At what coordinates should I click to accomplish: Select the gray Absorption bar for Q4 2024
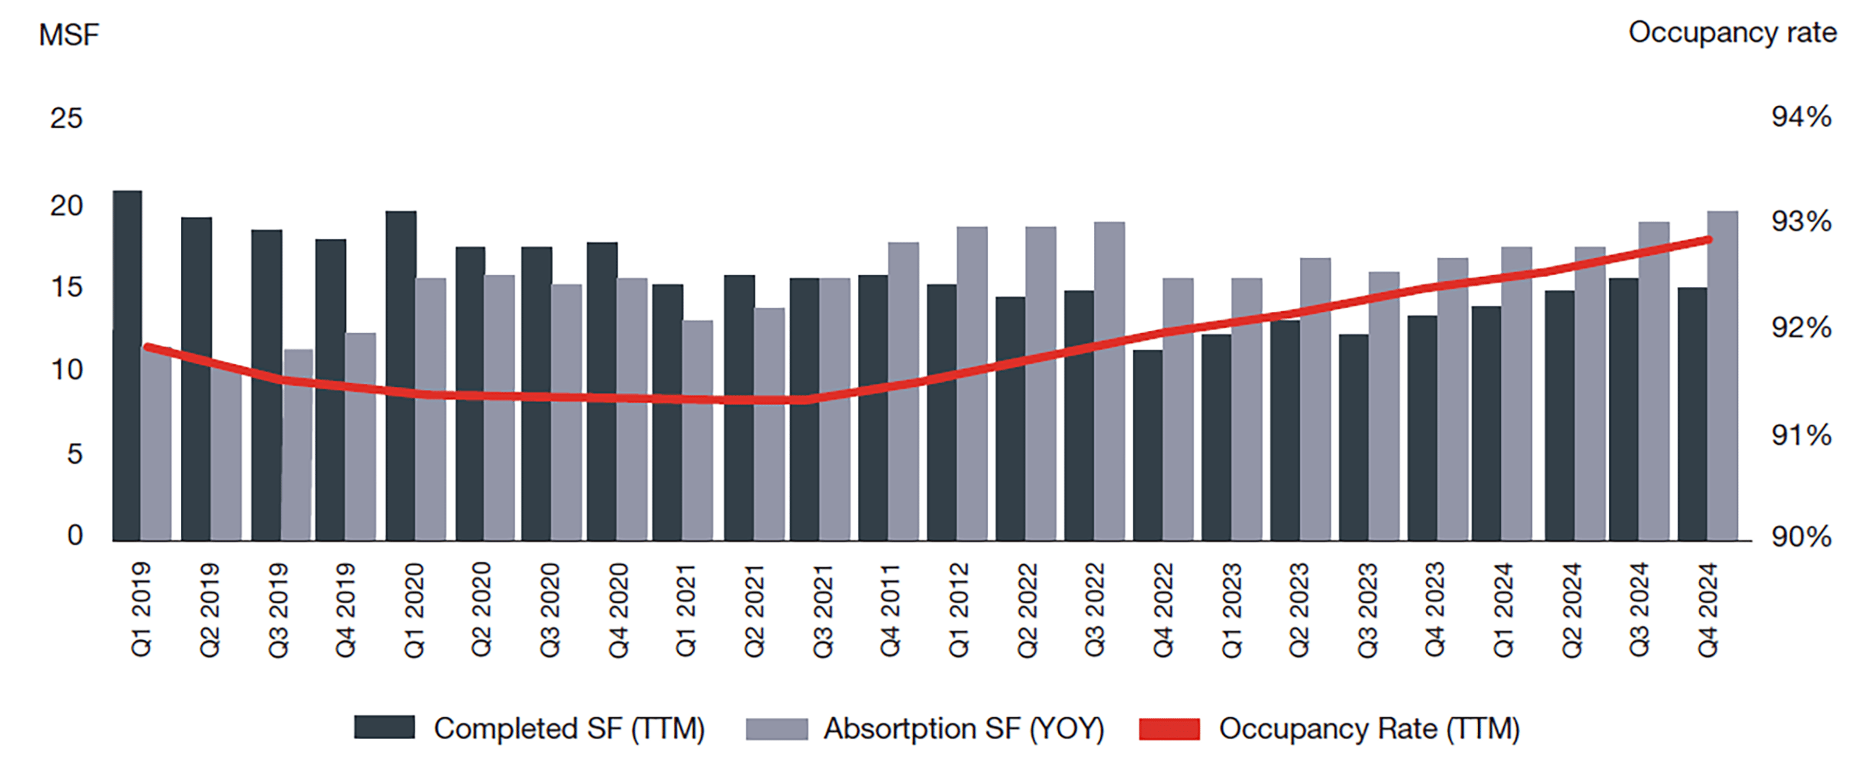click(x=1722, y=376)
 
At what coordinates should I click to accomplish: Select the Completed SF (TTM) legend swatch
click(x=383, y=728)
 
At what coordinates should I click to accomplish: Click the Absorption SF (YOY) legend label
click(x=963, y=729)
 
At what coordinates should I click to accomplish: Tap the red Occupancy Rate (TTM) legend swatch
click(x=1169, y=729)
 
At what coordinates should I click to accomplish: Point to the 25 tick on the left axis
click(x=66, y=118)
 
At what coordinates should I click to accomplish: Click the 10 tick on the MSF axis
click(x=66, y=370)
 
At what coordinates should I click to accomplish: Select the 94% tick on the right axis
click(x=1801, y=117)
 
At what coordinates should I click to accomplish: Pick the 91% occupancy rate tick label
click(x=1801, y=435)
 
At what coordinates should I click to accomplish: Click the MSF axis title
click(x=68, y=35)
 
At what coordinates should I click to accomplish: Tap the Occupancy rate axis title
click(x=1732, y=32)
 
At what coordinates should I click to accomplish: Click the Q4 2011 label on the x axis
click(x=890, y=611)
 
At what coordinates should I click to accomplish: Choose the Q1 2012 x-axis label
click(x=958, y=611)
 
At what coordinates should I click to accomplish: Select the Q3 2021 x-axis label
click(x=822, y=611)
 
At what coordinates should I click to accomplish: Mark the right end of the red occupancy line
click(x=1709, y=240)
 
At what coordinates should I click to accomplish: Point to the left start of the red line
click(x=148, y=348)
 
